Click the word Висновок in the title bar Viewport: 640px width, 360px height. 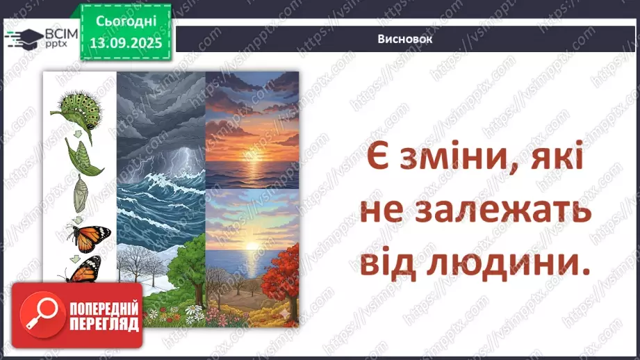pyautogui.click(x=406, y=39)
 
